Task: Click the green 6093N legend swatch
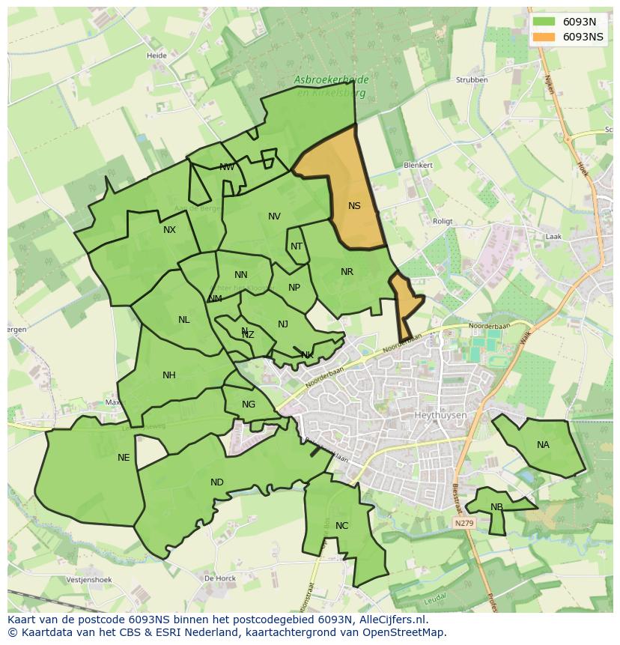point(544,22)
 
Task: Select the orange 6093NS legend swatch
point(544,37)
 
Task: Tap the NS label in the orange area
point(354,206)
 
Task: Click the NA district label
point(543,445)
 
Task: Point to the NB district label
point(496,507)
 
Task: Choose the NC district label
point(341,526)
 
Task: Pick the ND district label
point(216,482)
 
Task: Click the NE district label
point(124,458)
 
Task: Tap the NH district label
point(168,375)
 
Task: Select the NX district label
point(169,230)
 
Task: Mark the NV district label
point(274,216)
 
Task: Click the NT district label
point(297,246)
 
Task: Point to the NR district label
point(347,272)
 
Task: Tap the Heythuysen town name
point(440,415)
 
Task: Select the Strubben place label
point(472,80)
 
